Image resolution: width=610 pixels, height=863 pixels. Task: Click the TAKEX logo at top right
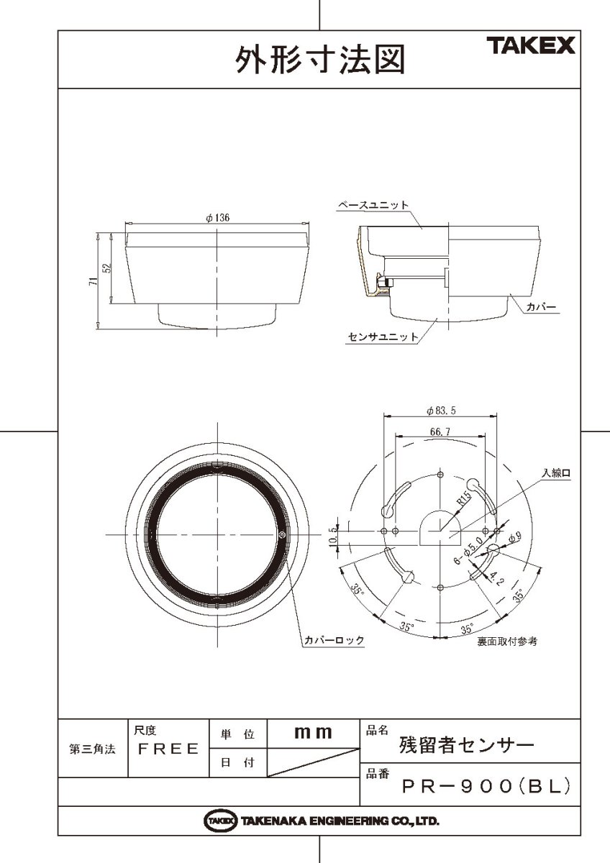533,47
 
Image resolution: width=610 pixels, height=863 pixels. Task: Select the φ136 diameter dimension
217,219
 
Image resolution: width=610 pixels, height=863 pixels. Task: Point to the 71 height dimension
93,282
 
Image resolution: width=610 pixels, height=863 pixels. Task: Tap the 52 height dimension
106,268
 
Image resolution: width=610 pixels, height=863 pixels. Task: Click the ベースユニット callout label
373,205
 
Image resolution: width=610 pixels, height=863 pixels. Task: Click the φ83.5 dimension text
442,411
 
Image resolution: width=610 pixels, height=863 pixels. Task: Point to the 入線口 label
556,472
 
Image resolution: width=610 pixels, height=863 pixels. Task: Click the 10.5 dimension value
332,536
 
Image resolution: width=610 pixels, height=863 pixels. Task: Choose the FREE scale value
168,749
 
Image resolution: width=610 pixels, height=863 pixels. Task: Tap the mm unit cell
313,733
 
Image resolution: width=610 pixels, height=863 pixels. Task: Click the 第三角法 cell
92,749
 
